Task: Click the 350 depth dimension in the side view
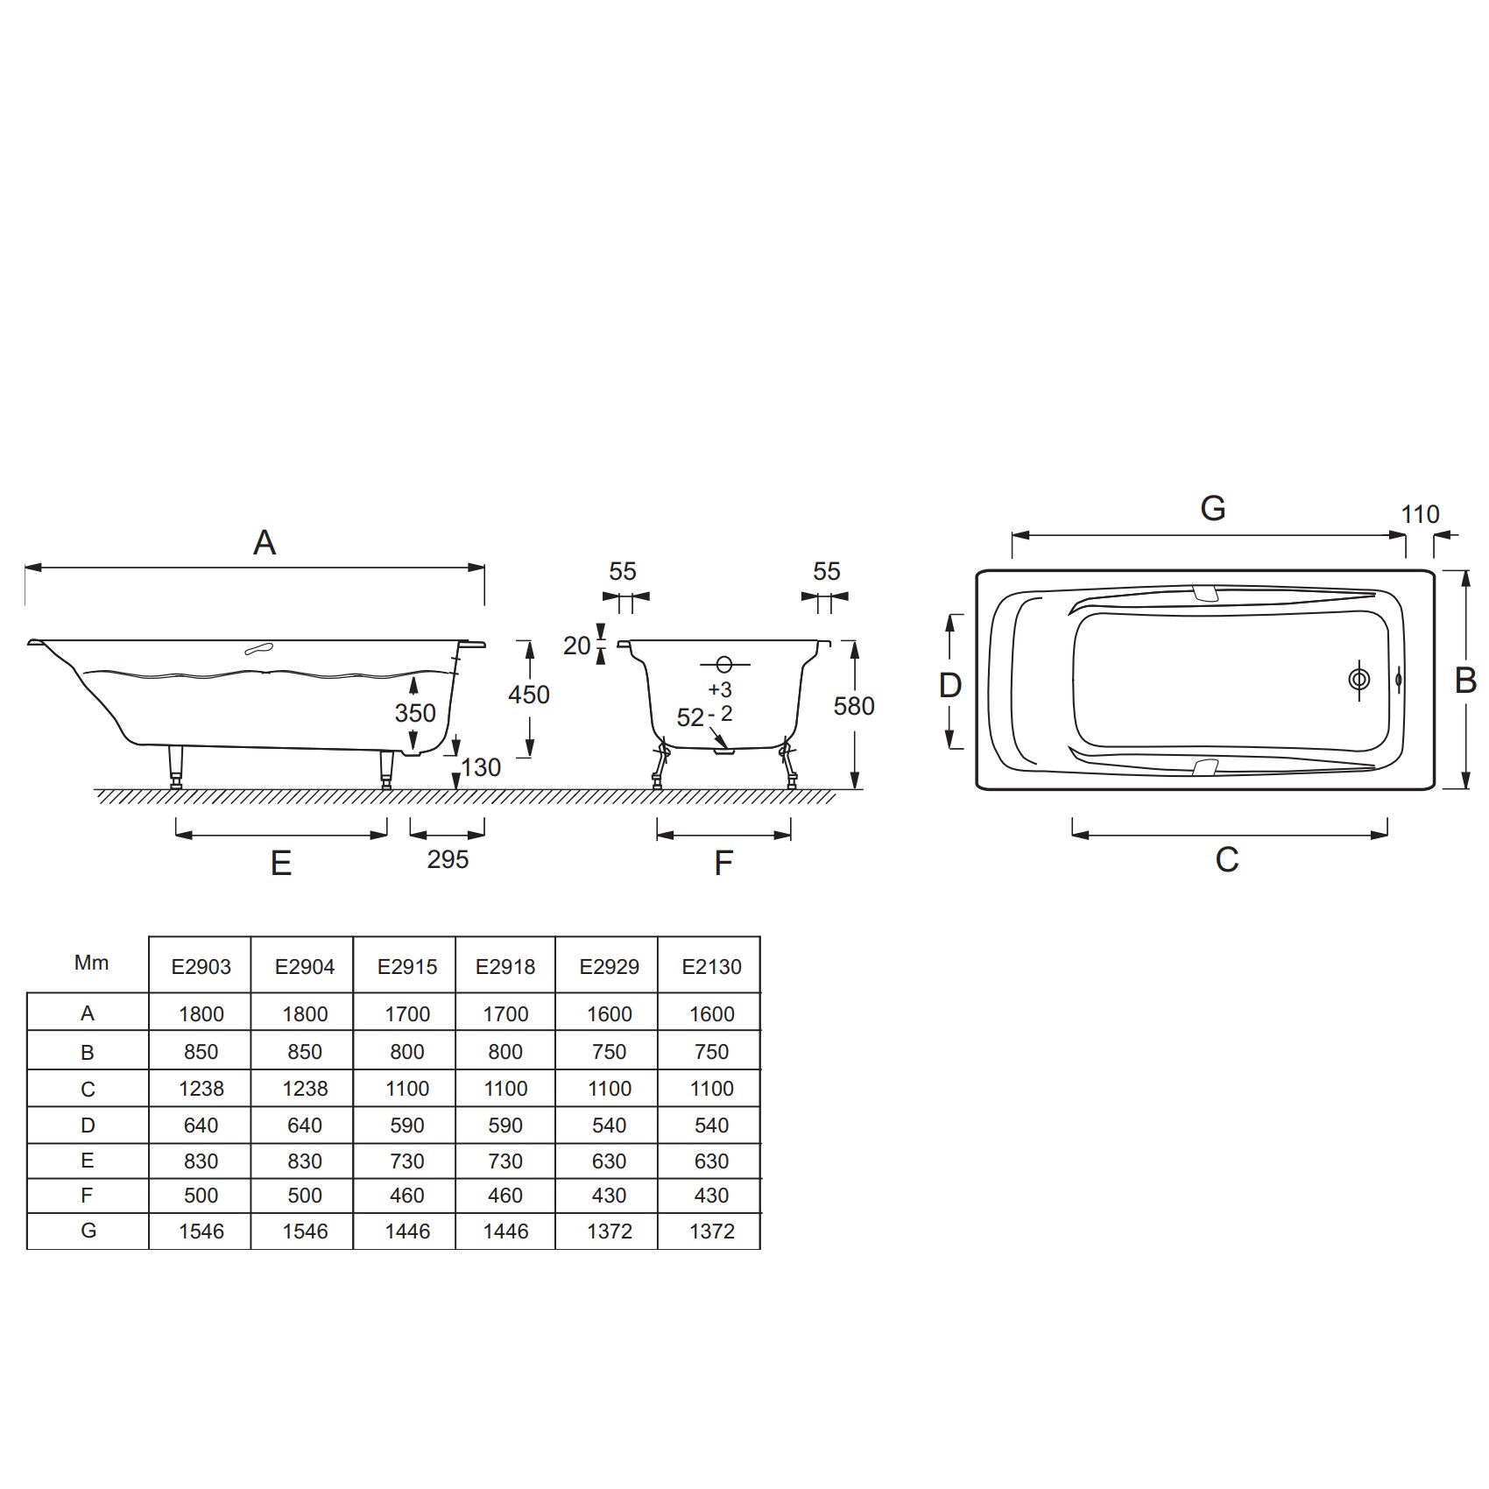point(415,713)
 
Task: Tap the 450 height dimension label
point(529,695)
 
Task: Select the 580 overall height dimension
point(854,706)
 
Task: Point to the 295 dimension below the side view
point(448,859)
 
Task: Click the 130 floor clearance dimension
point(481,767)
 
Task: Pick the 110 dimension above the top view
point(1420,514)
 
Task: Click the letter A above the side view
point(265,543)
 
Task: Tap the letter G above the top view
point(1213,508)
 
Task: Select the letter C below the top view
point(1227,860)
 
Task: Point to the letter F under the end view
point(723,864)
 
